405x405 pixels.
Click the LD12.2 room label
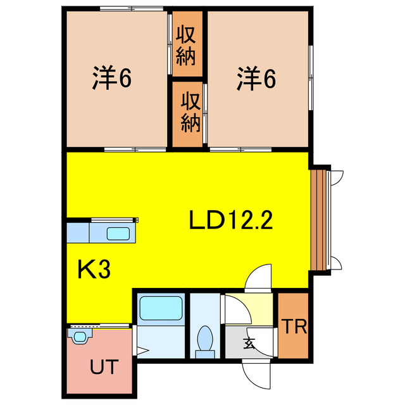[x=230, y=220]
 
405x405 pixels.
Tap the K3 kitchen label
[x=94, y=270]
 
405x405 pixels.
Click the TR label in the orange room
[x=294, y=327]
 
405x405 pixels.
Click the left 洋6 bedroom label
[x=112, y=78]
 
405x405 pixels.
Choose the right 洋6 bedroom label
[x=257, y=78]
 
